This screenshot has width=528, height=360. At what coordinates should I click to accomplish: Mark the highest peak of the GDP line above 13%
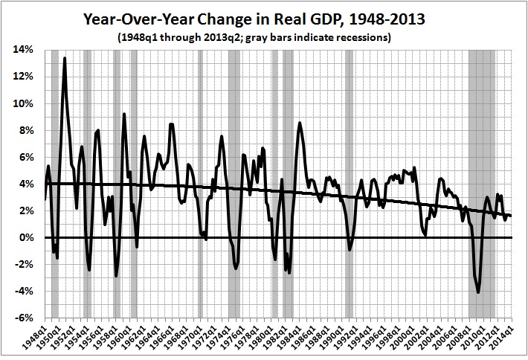[x=65, y=58]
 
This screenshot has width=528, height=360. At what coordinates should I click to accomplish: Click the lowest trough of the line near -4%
[x=478, y=292]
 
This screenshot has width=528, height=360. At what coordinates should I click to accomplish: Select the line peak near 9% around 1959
[x=124, y=114]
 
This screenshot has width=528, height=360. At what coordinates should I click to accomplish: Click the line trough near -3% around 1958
[x=116, y=276]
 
